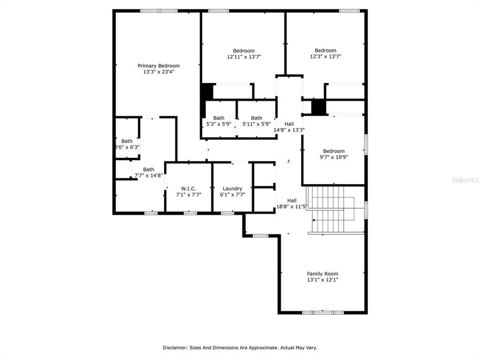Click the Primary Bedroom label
point(158,65)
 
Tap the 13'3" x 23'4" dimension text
point(158,72)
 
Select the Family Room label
point(322,273)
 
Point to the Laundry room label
point(232,188)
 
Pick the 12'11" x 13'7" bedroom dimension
point(243,57)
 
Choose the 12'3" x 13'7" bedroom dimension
point(325,56)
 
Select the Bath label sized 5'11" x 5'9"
point(256,118)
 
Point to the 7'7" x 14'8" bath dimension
point(148,175)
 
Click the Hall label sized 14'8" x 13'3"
point(289,124)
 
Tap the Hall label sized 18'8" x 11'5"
point(291,200)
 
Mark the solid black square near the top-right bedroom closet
point(318,107)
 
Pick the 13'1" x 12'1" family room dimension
point(322,280)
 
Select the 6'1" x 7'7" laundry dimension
point(232,195)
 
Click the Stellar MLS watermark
point(464,178)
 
